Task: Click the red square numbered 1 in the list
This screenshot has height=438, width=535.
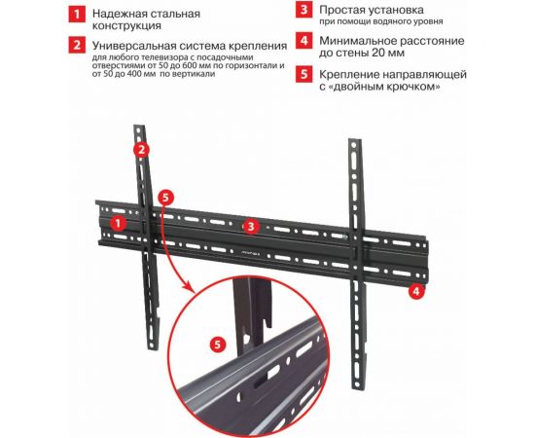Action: click(77, 15)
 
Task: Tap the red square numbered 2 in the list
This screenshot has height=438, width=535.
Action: click(77, 45)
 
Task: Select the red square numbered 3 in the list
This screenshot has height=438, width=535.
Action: click(304, 10)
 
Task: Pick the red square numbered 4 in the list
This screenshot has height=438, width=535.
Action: click(304, 41)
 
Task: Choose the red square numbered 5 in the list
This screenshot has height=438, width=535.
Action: click(304, 74)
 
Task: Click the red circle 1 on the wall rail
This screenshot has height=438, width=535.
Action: click(118, 224)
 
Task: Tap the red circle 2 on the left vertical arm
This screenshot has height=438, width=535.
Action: click(142, 150)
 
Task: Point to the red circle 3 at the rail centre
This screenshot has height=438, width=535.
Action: click(251, 227)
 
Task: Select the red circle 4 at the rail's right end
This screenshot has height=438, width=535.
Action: click(415, 291)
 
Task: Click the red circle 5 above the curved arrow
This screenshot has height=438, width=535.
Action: click(165, 198)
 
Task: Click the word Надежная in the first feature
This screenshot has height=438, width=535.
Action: click(120, 14)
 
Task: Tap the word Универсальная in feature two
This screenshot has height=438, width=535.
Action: click(138, 46)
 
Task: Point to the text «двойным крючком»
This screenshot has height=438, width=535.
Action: click(386, 87)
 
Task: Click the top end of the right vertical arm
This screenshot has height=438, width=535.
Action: click(354, 140)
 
